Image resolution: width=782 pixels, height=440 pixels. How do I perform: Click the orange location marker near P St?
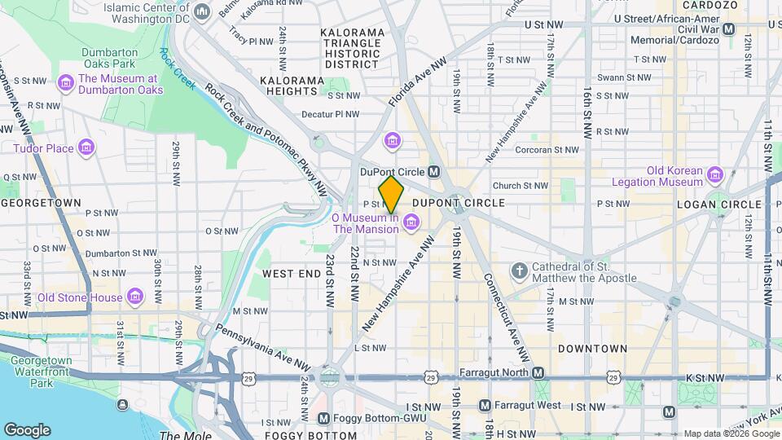[392, 195]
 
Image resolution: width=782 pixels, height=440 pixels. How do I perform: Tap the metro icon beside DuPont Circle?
[434, 172]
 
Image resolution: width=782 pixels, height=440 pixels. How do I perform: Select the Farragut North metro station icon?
[538, 372]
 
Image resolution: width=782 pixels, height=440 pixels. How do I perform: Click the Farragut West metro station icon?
[485, 405]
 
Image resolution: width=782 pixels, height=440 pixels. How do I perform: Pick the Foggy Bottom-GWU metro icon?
[323, 419]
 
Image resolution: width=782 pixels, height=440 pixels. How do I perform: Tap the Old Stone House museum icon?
[136, 297]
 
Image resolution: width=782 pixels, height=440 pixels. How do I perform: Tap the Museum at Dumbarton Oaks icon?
[65, 84]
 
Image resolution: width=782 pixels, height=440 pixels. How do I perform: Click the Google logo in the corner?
[26, 430]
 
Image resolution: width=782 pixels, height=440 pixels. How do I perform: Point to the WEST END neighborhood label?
[292, 274]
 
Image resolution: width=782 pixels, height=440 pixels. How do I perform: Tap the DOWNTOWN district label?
[592, 349]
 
